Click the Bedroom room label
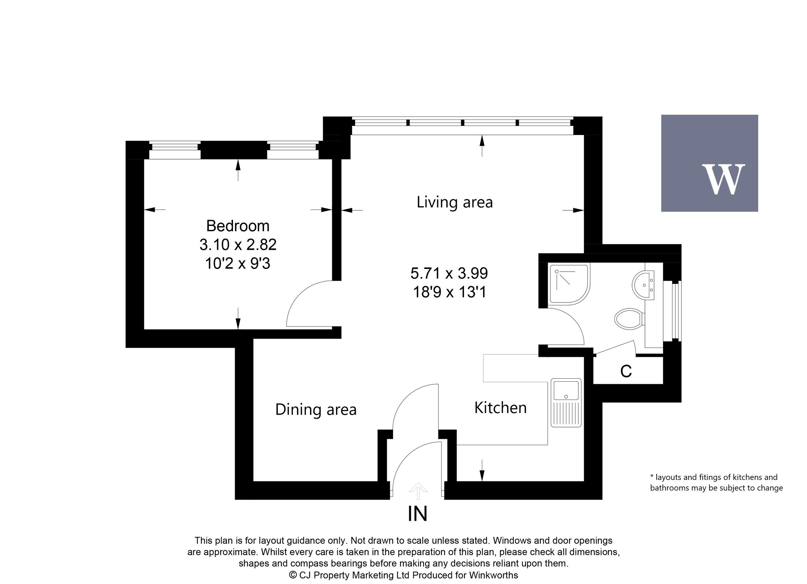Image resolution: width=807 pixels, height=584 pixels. pos(238,226)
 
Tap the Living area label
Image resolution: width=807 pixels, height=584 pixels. pos(454,202)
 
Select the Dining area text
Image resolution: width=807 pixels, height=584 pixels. pos(316,410)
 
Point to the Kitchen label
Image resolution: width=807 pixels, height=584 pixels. pos(500,408)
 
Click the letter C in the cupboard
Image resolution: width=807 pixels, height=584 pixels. pos(625,371)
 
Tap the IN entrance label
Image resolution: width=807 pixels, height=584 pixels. pos(417,514)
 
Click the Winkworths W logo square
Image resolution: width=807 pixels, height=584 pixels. pos(709,163)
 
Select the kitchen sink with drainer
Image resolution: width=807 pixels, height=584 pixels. pos(566,403)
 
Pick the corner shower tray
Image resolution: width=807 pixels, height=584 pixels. pos(568,284)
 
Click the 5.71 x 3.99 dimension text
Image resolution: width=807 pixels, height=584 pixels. pos(449,273)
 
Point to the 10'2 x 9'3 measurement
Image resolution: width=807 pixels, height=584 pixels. pos(238,264)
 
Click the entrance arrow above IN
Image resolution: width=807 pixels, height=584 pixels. pos(418,491)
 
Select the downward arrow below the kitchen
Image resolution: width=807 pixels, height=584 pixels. pos(482,470)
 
